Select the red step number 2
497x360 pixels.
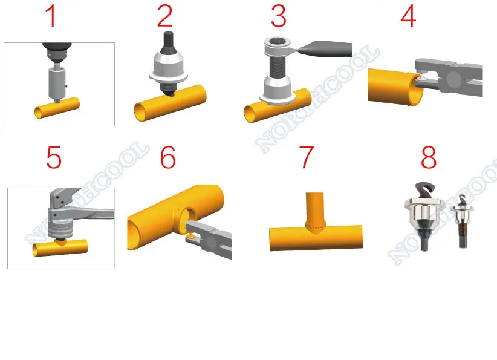pos(164,16)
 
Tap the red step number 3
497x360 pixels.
pos(278,16)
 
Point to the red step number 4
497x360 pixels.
pos(409,16)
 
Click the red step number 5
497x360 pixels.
pos(54,159)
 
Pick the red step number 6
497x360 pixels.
pos(167,159)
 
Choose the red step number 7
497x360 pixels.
pos(307,159)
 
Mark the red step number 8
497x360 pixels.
pos(428,159)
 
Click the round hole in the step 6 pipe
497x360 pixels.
pos(188,217)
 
